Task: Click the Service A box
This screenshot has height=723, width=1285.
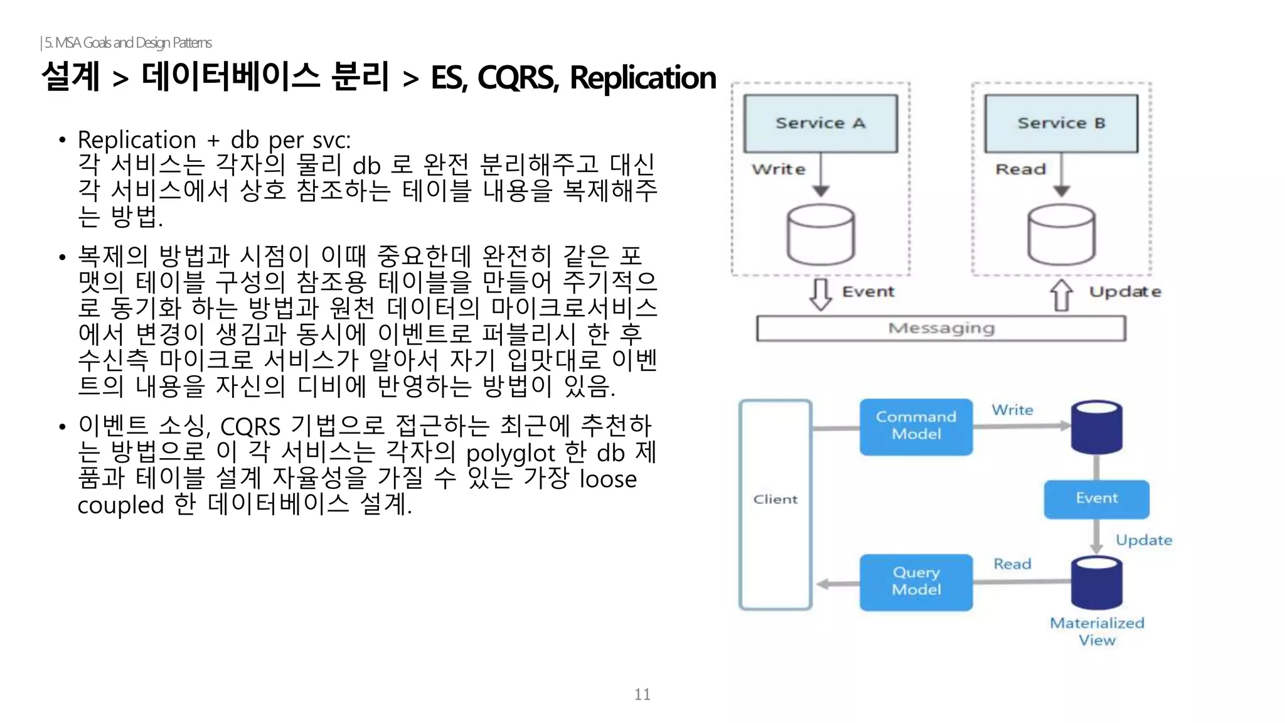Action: click(820, 123)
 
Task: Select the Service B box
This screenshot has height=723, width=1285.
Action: click(1061, 123)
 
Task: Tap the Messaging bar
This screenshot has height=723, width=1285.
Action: click(941, 328)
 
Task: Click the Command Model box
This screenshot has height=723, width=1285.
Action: click(916, 426)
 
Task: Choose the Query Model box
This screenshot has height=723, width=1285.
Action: click(916, 582)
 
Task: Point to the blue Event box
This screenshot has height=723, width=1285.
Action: click(1096, 498)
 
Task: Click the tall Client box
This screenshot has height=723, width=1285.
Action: click(776, 504)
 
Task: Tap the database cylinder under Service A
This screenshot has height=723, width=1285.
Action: click(821, 235)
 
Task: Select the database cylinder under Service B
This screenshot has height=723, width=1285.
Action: click(1061, 235)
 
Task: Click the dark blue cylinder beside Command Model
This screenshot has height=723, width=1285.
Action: click(1096, 427)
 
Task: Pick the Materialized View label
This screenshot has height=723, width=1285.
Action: click(1097, 631)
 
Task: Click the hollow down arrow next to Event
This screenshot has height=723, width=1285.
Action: click(821, 294)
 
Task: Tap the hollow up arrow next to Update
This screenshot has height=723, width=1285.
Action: click(1061, 294)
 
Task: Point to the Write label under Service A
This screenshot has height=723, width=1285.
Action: click(779, 169)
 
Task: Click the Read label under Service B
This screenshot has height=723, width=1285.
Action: click(1021, 169)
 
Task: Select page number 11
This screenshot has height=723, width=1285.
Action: click(642, 694)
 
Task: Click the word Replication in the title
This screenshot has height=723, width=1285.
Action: click(642, 78)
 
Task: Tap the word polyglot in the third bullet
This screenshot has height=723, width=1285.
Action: click(511, 453)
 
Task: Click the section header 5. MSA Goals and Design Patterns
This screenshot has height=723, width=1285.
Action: click(127, 43)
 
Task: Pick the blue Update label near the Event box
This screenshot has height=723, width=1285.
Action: click(1143, 540)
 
